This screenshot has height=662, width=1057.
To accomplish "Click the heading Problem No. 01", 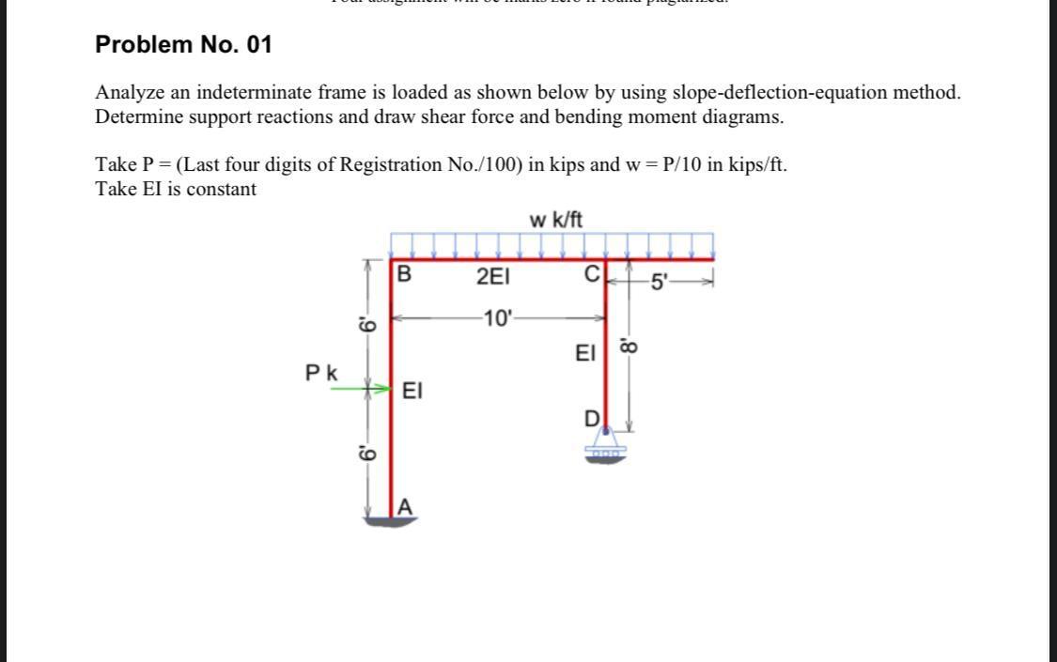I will coord(184,44).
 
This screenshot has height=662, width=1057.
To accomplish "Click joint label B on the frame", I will coord(404,275).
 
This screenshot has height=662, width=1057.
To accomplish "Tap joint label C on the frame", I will coord(591,274).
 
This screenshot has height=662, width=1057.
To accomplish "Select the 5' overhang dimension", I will coord(662,280).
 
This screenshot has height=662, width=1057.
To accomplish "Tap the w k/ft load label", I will coord(555,221).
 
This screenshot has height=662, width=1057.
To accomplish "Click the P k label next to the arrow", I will coord(321,373).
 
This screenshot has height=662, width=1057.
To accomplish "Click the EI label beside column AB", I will coord(412,391).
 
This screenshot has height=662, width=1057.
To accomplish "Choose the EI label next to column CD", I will coord(585,353).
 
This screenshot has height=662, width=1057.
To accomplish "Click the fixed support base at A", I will coord(392,520).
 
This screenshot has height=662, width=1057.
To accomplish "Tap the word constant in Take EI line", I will coord(221,189).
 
